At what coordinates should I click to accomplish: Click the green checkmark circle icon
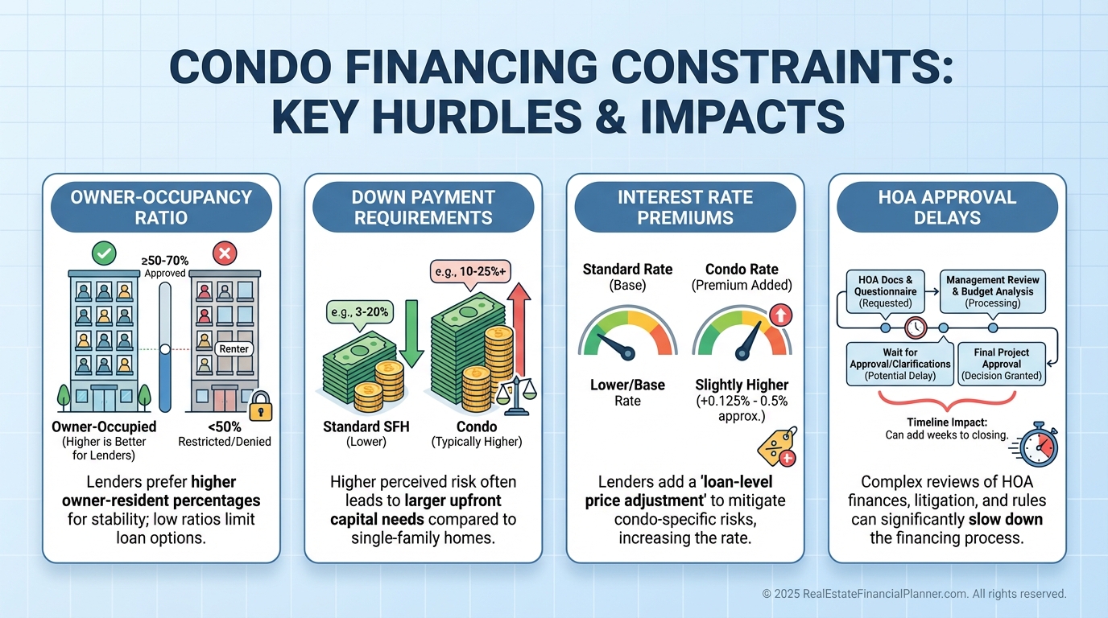[104, 253]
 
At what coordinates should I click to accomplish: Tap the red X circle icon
[225, 253]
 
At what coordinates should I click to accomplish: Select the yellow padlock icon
[261, 406]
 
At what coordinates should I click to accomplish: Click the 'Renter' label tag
[234, 349]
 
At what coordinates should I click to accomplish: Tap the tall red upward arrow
[519, 330]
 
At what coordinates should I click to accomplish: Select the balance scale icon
[516, 396]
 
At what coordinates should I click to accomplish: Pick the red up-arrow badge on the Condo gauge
[780, 315]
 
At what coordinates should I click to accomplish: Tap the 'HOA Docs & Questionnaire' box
[886, 291]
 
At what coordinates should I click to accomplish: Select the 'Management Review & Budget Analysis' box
[993, 291]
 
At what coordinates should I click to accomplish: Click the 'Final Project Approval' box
[1002, 364]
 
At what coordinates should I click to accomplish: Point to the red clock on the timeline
[916, 328]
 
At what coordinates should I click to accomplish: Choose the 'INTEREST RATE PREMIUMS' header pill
[685, 207]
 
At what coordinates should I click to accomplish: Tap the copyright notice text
[914, 594]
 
